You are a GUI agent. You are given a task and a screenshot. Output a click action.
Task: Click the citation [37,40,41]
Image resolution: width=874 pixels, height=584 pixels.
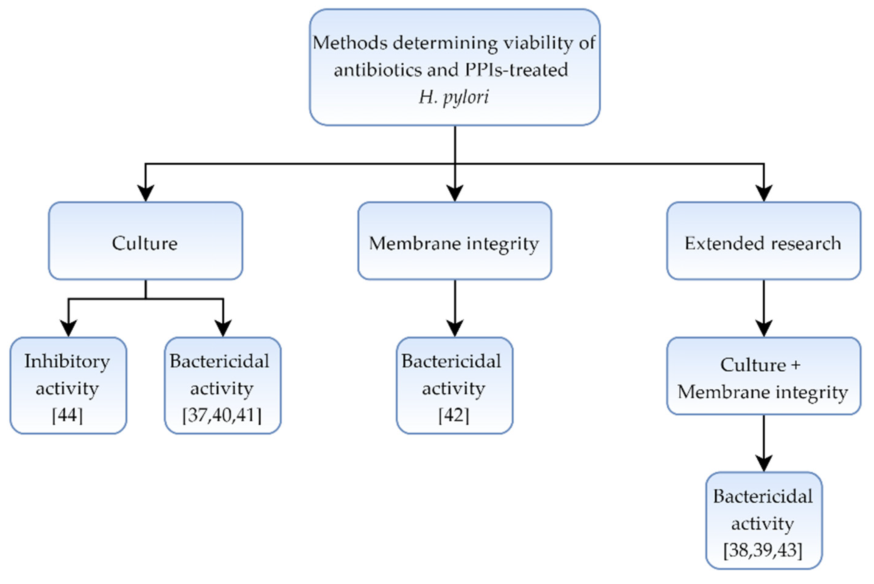pos(222,415)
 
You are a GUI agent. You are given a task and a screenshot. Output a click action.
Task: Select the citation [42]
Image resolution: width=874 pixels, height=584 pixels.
pos(454,415)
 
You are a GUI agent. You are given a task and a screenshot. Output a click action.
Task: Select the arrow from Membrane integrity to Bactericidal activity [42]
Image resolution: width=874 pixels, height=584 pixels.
pos(455,309)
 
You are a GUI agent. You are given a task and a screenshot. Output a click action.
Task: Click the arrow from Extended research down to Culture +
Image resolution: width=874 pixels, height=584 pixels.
pos(764,309)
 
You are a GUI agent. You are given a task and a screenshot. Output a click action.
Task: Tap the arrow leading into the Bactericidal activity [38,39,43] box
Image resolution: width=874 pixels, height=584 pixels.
pos(764,445)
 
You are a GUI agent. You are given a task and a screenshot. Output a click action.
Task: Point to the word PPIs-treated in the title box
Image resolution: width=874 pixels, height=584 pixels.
pos(516,70)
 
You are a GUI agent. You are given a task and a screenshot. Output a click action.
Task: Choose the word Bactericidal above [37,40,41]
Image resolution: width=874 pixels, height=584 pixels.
pos(219,361)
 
